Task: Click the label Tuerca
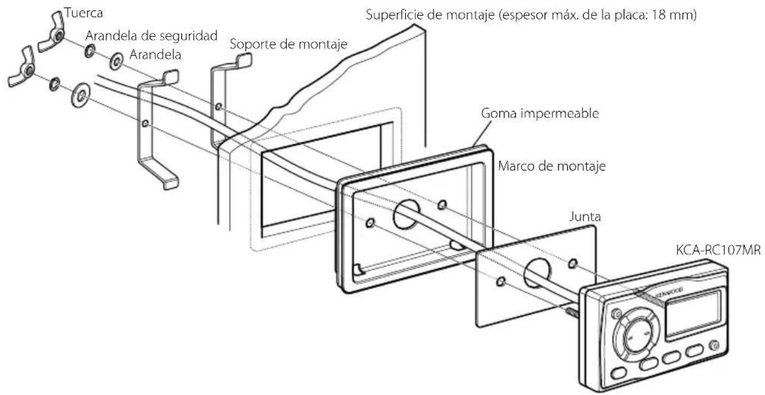81,12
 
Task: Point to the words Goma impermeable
531,113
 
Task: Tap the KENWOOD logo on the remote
668,291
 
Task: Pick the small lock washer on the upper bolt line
90,51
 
